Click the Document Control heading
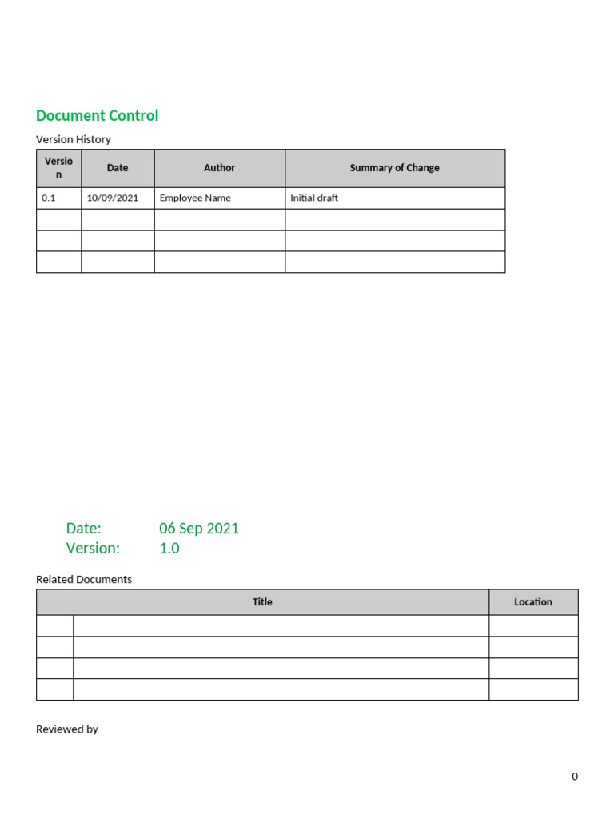[97, 115]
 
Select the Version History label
[74, 139]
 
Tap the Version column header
[58, 167]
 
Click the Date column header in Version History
[118, 168]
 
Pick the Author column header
[219, 168]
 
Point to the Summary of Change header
[394, 168]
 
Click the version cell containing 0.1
[49, 198]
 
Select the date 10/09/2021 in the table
[113, 198]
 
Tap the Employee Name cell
[195, 198]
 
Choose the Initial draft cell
[314, 198]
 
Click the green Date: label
[83, 528]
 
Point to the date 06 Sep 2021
[199, 528]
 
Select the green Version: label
[93, 548]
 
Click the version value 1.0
[169, 548]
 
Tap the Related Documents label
[84, 579]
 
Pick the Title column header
[262, 602]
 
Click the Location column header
[533, 602]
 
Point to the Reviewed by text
[67, 729]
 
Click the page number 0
[574, 777]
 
